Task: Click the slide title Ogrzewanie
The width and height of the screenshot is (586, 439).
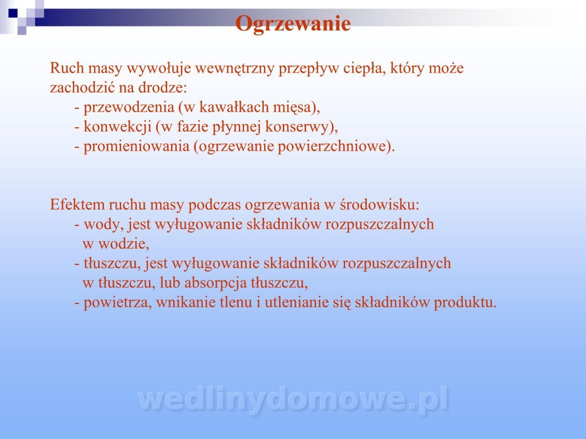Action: click(293, 24)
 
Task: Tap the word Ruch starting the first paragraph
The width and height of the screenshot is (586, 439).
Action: click(67, 68)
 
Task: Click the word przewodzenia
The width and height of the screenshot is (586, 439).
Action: click(129, 108)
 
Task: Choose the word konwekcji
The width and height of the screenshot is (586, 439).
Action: click(118, 127)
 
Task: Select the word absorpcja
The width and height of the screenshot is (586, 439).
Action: click(215, 283)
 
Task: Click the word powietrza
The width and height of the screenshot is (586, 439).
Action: click(116, 303)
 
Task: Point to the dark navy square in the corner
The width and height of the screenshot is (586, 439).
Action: click(13, 13)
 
